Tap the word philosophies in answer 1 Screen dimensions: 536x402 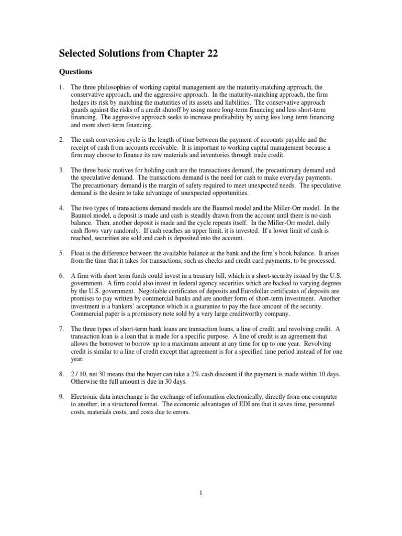pos(115,87)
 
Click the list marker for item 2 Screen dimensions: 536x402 pos(60,140)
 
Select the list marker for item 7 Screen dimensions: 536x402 pos(60,329)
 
